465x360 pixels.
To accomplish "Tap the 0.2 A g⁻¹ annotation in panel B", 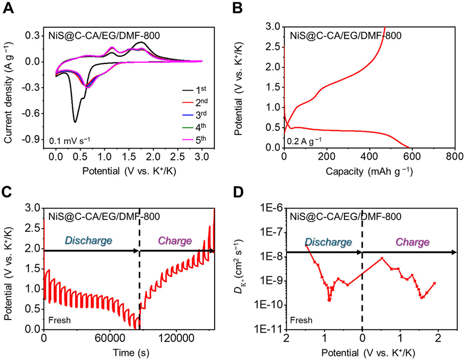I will pyautogui.click(x=306, y=142).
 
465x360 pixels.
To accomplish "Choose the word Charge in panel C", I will pyautogui.click(x=175, y=240).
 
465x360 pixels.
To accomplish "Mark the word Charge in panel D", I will pyautogui.click(x=412, y=242).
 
